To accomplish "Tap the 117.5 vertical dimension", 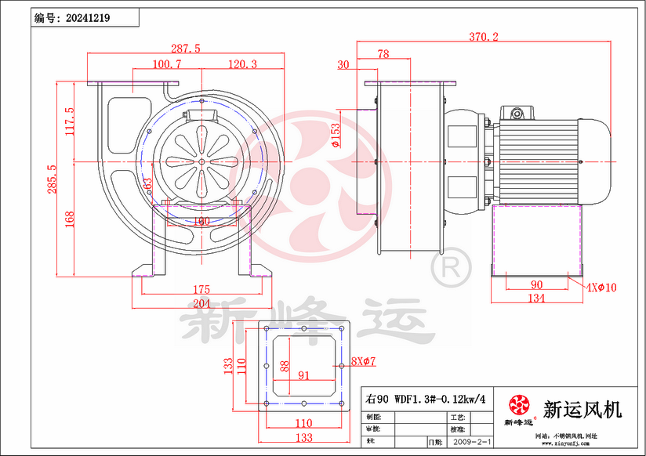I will click(x=69, y=121).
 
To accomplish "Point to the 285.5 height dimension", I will click(x=52, y=179).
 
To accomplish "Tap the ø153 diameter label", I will click(x=336, y=135).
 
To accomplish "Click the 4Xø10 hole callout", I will click(x=602, y=288).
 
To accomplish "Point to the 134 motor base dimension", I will click(x=536, y=299).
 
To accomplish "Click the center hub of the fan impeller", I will click(x=201, y=162).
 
